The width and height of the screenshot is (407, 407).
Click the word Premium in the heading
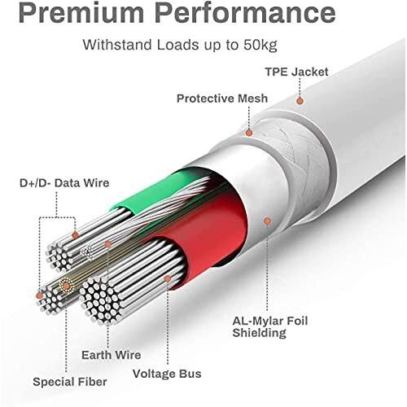[81, 13]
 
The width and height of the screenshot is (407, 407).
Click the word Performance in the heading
[247, 13]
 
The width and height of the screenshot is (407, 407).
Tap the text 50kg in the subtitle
[260, 45]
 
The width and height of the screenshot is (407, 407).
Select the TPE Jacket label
[296, 72]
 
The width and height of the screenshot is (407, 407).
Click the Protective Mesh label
[222, 98]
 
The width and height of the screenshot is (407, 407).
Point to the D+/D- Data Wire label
[64, 183]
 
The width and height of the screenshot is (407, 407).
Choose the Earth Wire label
[112, 355]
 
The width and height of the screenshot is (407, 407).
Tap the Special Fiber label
[70, 382]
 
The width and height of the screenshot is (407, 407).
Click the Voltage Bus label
[167, 374]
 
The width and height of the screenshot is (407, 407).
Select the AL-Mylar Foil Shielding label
[270, 326]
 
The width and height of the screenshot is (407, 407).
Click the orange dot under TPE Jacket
[300, 101]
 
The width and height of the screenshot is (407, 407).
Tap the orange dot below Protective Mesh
[249, 133]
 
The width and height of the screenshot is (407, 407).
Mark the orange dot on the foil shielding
[267, 221]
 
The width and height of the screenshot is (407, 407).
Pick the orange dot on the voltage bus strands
[168, 278]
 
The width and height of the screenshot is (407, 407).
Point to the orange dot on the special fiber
[65, 285]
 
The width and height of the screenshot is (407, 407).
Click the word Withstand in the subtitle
[118, 45]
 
